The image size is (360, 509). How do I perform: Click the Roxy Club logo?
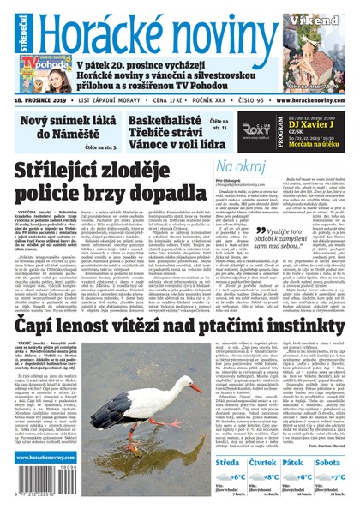(x=256, y=130)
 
